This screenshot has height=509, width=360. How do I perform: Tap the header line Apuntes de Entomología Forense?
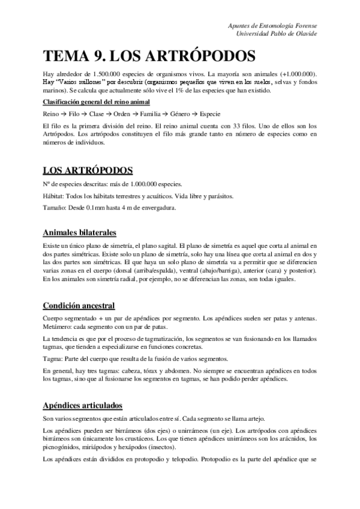click(x=274, y=26)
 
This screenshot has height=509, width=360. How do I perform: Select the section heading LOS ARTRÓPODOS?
click(x=88, y=170)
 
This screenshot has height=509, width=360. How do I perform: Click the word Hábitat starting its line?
click(x=53, y=197)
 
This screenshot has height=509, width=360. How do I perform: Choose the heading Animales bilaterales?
click(x=80, y=233)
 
